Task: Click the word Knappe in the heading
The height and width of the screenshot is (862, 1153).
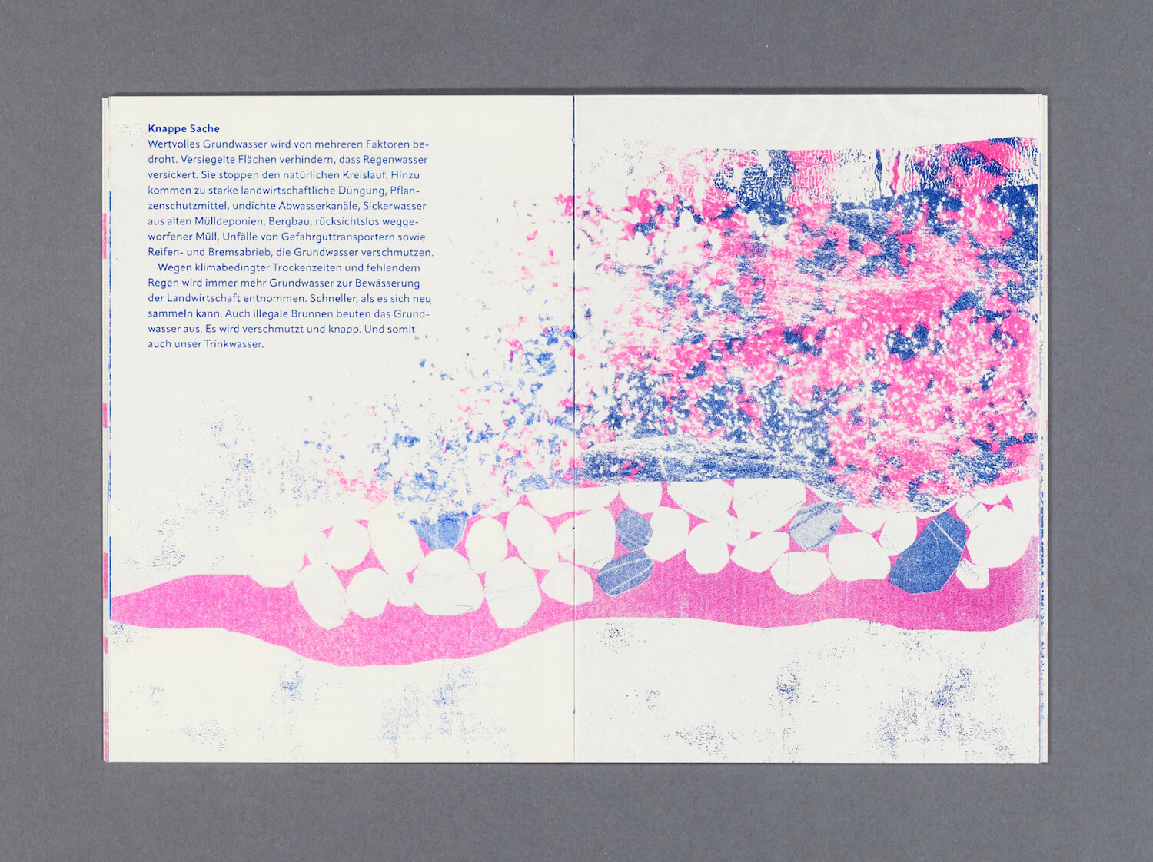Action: tap(164, 129)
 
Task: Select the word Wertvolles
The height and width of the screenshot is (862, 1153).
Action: tap(174, 144)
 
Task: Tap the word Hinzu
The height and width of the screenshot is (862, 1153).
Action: tap(405, 175)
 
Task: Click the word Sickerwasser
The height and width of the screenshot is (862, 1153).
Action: tap(394, 206)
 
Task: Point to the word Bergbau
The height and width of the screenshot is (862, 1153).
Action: tap(288, 221)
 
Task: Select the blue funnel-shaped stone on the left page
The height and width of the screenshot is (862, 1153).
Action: tap(441, 530)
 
